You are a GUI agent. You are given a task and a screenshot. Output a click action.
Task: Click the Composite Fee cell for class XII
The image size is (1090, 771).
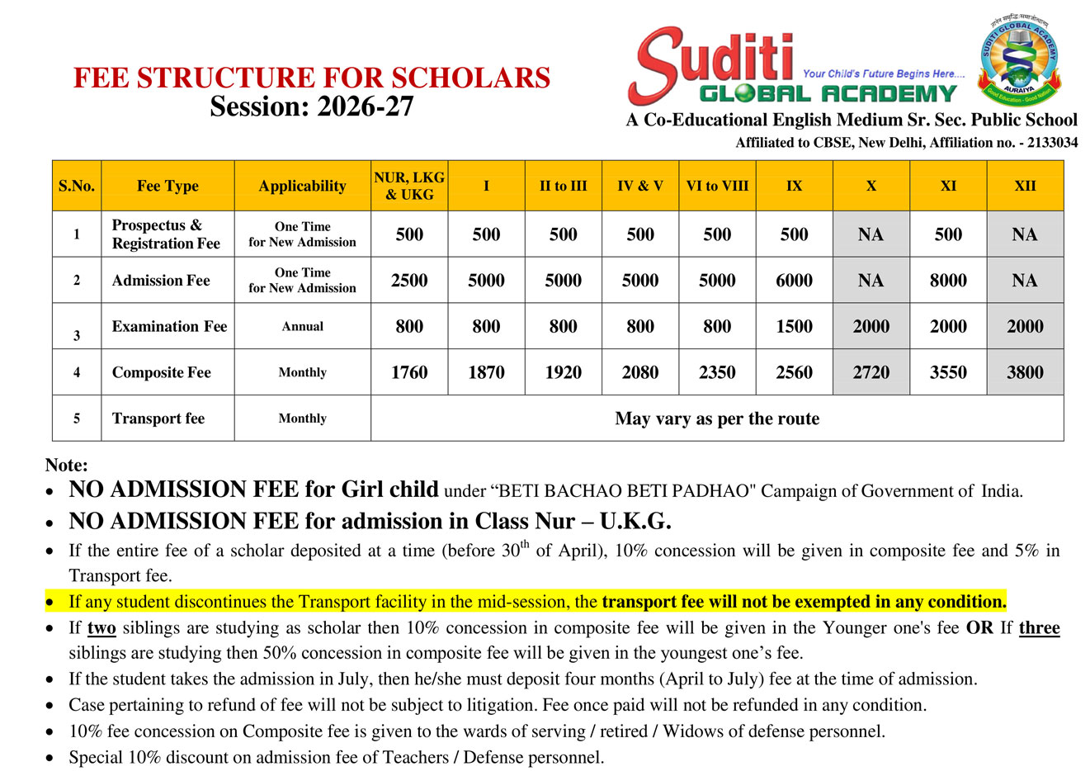click(1025, 372)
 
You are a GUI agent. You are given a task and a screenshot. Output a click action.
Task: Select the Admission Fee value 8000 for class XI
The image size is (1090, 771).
click(948, 281)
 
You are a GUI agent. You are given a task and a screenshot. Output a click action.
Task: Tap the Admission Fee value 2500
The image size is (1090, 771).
click(409, 281)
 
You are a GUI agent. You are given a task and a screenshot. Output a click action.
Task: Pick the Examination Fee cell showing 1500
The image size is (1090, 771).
click(794, 327)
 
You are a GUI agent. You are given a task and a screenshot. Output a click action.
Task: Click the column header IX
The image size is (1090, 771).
click(794, 186)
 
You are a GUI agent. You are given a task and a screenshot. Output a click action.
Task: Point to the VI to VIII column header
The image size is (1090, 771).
click(717, 186)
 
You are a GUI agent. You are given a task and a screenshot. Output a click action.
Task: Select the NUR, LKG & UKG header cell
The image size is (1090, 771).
click(409, 186)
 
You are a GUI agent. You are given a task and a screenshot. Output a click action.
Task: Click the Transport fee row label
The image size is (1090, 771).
click(158, 419)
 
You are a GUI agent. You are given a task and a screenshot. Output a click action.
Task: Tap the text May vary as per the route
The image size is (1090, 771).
click(717, 419)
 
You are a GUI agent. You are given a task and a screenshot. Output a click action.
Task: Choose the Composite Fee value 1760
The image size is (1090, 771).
click(409, 372)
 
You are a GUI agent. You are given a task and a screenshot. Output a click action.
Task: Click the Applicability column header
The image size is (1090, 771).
click(302, 186)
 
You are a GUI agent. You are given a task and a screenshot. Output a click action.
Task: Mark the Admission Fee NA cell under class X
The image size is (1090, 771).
click(871, 281)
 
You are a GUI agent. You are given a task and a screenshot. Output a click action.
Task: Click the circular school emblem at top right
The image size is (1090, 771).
click(1020, 61)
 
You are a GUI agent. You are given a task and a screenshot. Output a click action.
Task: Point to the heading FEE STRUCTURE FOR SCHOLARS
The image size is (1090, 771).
click(312, 78)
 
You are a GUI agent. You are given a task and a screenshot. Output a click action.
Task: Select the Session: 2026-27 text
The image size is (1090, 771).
click(312, 106)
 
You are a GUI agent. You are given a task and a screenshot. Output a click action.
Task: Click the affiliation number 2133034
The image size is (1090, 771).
click(1052, 143)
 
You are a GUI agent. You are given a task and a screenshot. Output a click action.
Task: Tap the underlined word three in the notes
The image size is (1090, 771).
click(1039, 628)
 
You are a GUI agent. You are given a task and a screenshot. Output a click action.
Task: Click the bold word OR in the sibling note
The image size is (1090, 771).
click(980, 628)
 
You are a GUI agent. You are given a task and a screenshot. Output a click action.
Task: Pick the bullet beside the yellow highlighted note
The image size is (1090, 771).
click(51, 603)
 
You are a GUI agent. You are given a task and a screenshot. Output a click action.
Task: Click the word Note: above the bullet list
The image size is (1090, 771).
click(67, 466)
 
